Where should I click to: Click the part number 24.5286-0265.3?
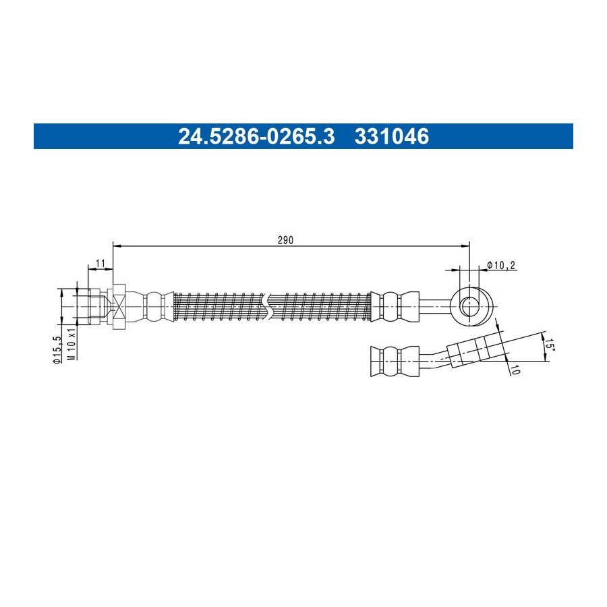click(x=256, y=136)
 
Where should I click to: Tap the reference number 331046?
click(x=392, y=136)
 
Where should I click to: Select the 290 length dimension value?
click(x=286, y=240)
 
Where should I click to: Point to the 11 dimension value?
click(x=100, y=264)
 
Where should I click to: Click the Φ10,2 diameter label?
click(x=501, y=265)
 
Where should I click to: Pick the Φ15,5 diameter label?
click(x=57, y=349)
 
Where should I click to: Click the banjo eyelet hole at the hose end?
click(x=469, y=306)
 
